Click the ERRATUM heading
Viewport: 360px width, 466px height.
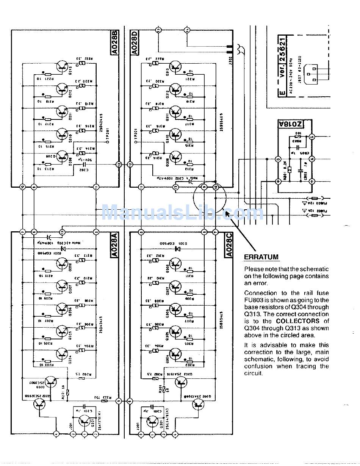point(261,257)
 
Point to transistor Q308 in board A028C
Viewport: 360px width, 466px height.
point(175,263)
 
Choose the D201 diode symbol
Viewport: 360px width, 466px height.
point(63,249)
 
